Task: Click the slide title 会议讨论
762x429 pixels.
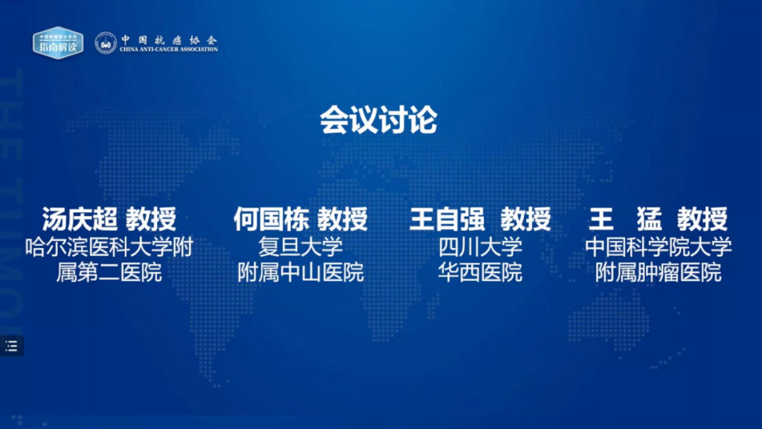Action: (379, 119)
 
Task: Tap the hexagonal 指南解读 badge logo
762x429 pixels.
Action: (58, 43)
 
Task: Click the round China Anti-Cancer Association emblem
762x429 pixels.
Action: (105, 43)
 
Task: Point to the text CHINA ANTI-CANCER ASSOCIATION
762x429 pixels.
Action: (169, 49)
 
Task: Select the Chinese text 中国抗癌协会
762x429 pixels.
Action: (169, 39)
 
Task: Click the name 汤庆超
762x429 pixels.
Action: (80, 219)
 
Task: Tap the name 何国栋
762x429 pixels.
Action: (271, 219)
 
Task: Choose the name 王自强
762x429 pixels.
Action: (447, 219)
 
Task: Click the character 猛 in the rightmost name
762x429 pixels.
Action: (649, 219)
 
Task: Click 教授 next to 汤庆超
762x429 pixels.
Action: (151, 219)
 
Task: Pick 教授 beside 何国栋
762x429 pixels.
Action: (343, 219)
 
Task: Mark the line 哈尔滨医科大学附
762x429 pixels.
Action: (109, 247)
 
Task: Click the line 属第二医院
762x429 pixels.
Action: (109, 272)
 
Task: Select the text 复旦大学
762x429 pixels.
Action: (301, 247)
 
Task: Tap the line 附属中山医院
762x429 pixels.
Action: (301, 272)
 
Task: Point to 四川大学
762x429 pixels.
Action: (480, 247)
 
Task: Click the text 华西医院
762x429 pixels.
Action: (480, 272)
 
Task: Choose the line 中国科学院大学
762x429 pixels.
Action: (658, 247)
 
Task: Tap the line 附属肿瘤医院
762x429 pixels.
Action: (658, 272)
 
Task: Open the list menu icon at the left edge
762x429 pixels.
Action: (11, 346)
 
